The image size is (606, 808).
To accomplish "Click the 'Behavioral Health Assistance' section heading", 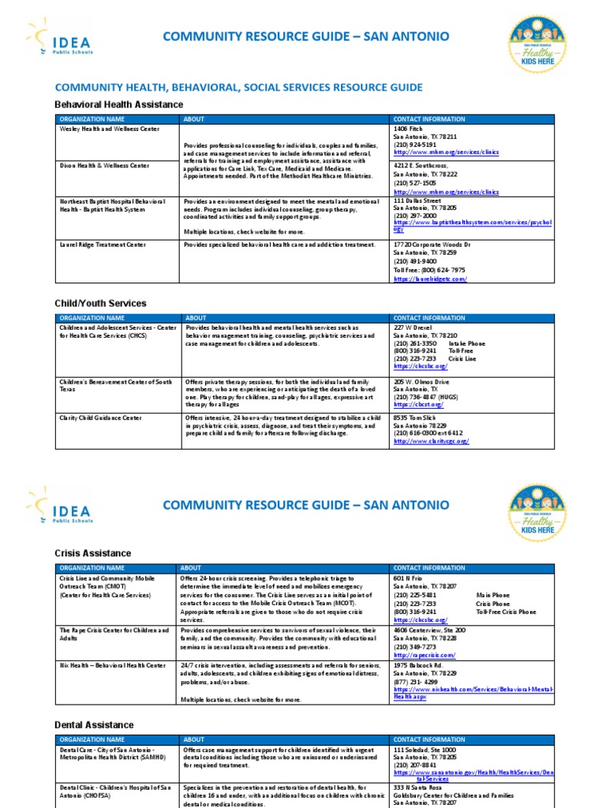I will click(x=118, y=104).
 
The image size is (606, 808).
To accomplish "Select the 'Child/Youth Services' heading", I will click(x=100, y=303).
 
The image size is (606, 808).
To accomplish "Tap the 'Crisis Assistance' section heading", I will click(x=92, y=553).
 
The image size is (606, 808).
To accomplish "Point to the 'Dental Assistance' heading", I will click(x=94, y=724).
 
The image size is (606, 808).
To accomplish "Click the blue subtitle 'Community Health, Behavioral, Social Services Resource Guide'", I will click(x=238, y=88).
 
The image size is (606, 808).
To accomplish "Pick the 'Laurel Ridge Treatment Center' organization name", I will click(x=103, y=245).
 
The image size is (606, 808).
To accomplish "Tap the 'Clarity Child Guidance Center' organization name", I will click(x=101, y=417).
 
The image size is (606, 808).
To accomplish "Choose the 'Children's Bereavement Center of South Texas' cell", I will click(x=115, y=386).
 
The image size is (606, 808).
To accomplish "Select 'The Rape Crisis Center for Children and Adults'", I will click(x=114, y=634).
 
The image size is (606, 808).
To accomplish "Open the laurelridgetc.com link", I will click(x=430, y=279).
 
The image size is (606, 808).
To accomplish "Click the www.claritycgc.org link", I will click(x=431, y=442).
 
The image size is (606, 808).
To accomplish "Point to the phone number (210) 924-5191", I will click(x=414, y=145).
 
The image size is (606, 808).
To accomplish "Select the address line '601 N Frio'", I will click(x=410, y=578).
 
